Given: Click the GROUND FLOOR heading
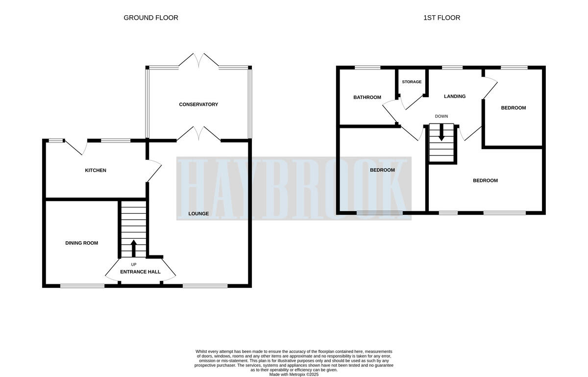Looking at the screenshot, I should tap(150, 18).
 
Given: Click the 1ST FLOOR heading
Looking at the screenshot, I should tap(441, 18).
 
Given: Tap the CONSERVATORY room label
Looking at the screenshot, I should tap(198, 104).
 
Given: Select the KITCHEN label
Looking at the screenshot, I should tap(96, 171).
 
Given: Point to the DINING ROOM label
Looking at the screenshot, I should tap(82, 243).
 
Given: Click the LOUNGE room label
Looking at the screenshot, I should tap(198, 214).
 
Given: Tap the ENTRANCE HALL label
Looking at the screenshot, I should tap(140, 272).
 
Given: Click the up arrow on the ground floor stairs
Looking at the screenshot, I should tap(134, 247).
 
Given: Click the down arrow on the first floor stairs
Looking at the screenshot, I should tap(441, 133).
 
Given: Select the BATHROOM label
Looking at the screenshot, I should tap(367, 97).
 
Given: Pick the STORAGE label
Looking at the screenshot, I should tap(412, 82).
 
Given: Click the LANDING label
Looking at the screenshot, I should tap(454, 97).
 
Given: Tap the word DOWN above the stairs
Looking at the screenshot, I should tap(441, 116).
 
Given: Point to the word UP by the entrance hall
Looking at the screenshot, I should tap(134, 264).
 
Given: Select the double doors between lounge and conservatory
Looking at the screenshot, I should tap(198, 134).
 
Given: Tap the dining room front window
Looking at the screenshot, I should tap(82, 286).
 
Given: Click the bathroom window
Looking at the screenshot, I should tap(367, 68).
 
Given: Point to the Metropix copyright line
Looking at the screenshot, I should tap(294, 374).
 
